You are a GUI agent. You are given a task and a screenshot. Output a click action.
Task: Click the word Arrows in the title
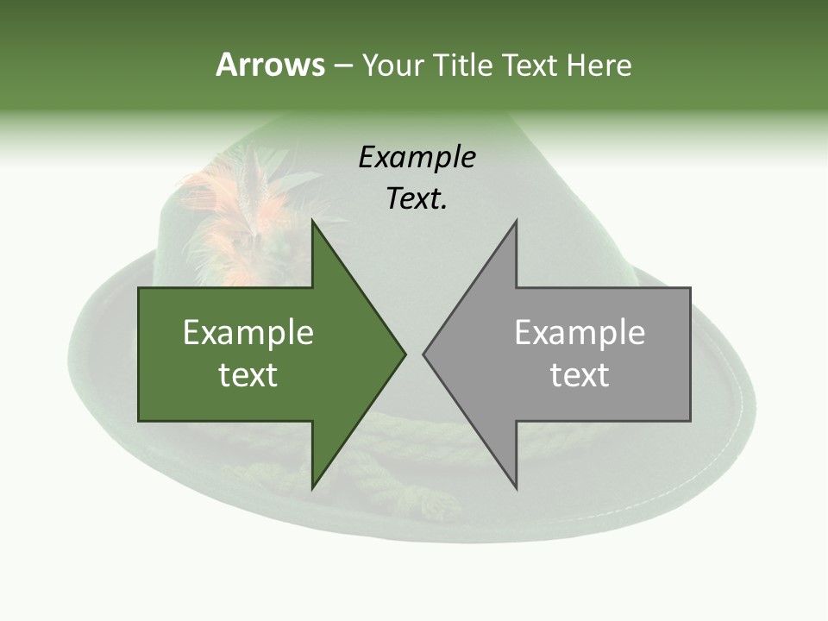pyautogui.click(x=270, y=65)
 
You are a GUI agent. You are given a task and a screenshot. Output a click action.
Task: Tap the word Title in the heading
pyautogui.click(x=465, y=65)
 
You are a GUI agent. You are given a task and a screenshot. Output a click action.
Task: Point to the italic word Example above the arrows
pyautogui.click(x=417, y=157)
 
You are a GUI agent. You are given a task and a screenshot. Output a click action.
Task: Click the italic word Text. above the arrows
pyautogui.click(x=417, y=199)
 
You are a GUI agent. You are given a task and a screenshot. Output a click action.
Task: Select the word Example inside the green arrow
pyautogui.click(x=248, y=332)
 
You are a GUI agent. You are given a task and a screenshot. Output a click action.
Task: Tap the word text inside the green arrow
pyautogui.click(x=248, y=375)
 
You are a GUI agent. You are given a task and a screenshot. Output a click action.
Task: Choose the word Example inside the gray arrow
pyautogui.click(x=580, y=332)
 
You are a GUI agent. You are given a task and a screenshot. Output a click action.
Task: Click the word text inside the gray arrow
pyautogui.click(x=580, y=375)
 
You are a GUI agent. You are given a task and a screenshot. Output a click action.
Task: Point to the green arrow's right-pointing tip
pyautogui.click(x=404, y=354)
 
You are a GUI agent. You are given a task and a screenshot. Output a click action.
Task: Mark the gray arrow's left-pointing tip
pyautogui.click(x=424, y=354)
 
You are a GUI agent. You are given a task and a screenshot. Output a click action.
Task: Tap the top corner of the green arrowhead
pyautogui.click(x=312, y=221)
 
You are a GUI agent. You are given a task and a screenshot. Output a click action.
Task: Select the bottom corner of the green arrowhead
pyautogui.click(x=312, y=487)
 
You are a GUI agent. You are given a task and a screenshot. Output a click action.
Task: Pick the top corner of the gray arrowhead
pyautogui.click(x=516, y=221)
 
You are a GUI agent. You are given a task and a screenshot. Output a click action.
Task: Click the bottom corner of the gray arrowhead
pyautogui.click(x=516, y=487)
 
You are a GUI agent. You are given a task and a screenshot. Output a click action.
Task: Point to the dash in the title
pyautogui.click(x=342, y=66)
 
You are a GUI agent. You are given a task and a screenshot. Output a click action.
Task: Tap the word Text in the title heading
pyautogui.click(x=531, y=65)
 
